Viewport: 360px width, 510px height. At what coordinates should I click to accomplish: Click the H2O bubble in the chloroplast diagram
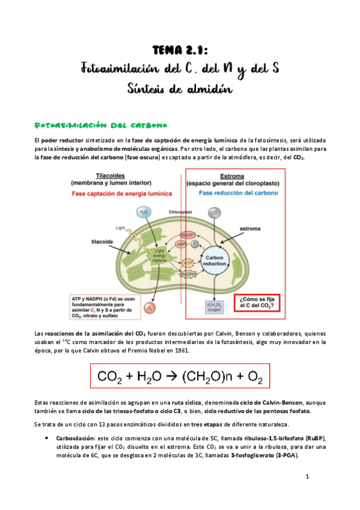(144, 212)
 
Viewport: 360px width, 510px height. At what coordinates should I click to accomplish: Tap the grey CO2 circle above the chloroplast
(213, 212)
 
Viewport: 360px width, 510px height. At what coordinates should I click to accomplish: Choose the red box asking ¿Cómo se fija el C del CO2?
(258, 302)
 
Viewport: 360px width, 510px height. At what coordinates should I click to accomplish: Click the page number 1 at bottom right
(307, 477)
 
